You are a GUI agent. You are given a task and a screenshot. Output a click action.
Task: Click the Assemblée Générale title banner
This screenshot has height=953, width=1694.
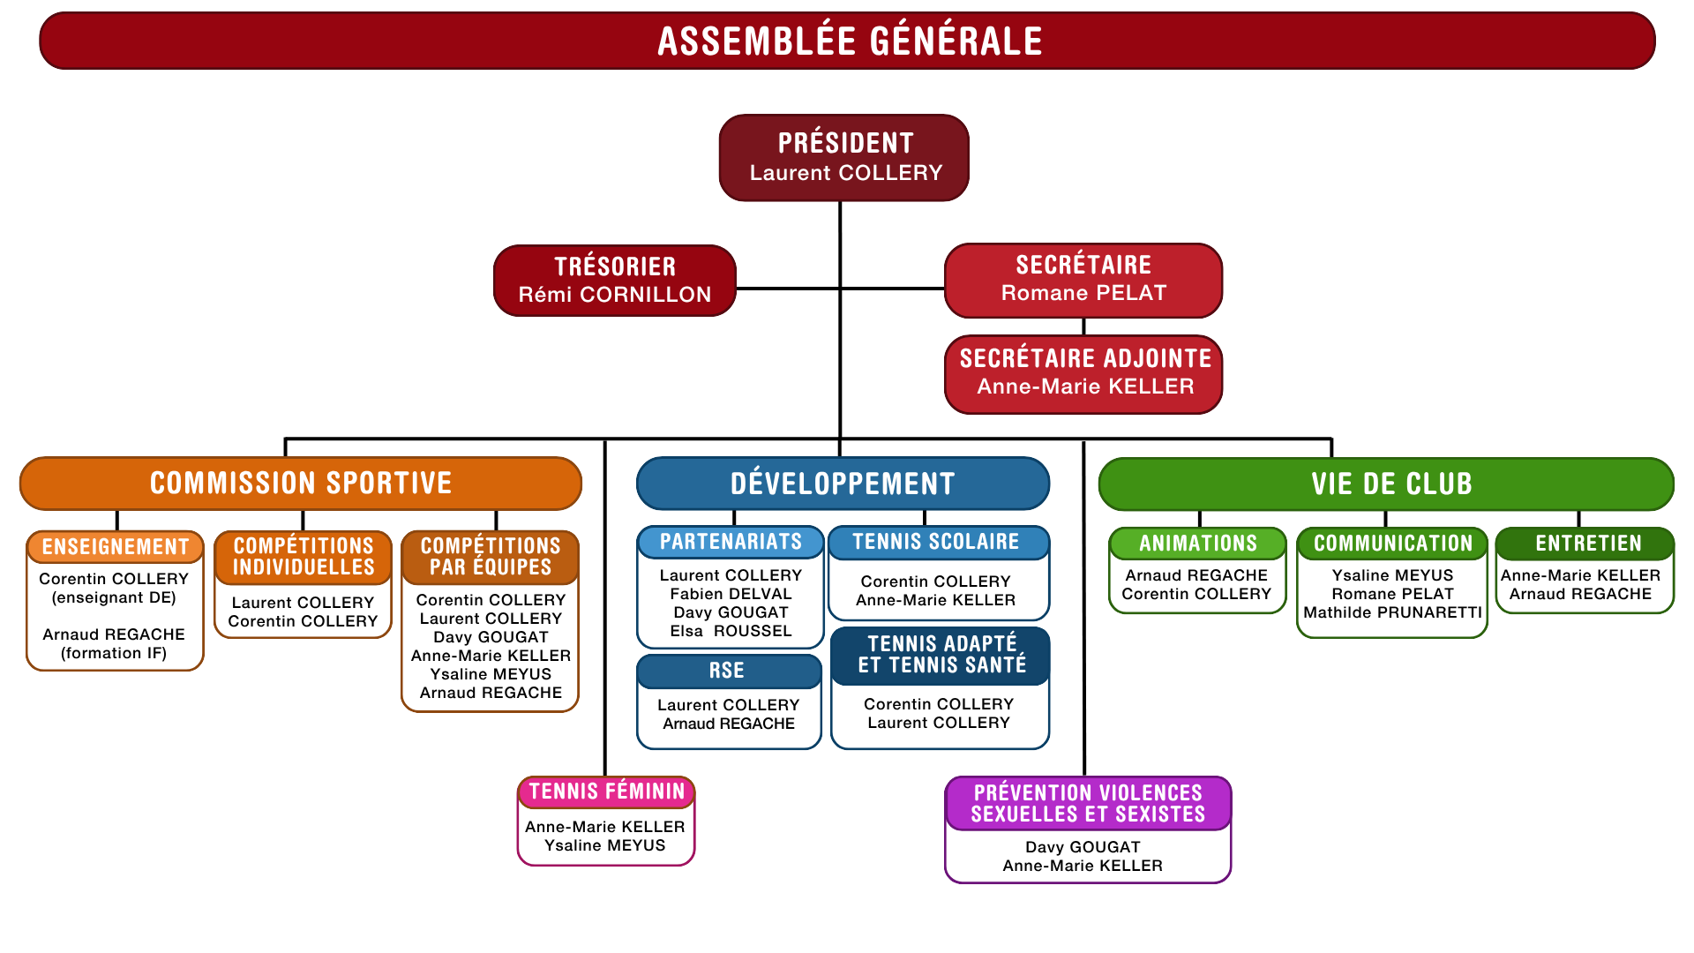click(847, 41)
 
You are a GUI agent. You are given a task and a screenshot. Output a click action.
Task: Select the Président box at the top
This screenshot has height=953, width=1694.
click(843, 158)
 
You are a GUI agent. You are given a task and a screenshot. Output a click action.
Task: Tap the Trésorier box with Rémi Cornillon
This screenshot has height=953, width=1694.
click(615, 281)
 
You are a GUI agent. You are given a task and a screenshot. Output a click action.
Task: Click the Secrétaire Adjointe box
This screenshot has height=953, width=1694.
click(1083, 374)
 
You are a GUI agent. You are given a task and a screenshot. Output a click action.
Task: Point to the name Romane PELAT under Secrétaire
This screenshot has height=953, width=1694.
click(1083, 293)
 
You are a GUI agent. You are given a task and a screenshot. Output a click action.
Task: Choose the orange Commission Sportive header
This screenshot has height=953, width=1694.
click(301, 484)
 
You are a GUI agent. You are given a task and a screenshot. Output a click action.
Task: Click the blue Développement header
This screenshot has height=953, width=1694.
click(843, 484)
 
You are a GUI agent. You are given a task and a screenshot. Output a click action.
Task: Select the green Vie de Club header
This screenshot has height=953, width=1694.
click(1386, 484)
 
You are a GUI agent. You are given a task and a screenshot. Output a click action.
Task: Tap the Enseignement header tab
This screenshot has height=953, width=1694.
click(116, 547)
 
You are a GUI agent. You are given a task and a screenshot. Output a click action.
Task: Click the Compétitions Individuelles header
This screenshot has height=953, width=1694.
click(304, 557)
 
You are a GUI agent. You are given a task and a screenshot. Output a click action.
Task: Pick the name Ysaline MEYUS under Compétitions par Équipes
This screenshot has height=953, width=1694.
click(491, 674)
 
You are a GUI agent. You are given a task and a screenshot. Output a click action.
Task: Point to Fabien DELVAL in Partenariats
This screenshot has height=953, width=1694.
click(731, 594)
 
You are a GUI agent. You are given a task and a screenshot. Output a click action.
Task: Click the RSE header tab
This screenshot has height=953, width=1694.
click(729, 671)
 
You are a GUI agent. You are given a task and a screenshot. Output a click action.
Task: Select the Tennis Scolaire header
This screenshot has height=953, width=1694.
click(939, 542)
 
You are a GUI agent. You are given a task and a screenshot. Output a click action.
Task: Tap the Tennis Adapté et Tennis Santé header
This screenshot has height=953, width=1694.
click(941, 655)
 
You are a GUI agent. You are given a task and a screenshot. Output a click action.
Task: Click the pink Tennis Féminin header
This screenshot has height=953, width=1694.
click(606, 792)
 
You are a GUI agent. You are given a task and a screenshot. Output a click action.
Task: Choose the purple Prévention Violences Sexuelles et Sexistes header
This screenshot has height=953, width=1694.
click(1088, 803)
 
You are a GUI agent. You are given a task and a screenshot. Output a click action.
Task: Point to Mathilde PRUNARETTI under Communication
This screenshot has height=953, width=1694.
click(1392, 612)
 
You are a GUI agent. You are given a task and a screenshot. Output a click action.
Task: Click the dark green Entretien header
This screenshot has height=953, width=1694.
click(1585, 544)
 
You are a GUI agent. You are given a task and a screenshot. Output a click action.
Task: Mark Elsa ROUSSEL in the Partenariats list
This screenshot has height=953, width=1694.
click(731, 631)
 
